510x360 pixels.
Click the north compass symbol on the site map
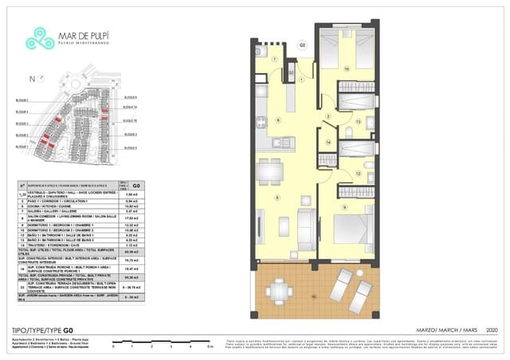31,79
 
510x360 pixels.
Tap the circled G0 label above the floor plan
301,45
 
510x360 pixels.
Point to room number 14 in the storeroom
328,143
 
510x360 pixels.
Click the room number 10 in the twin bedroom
346,69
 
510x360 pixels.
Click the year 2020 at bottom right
488,330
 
